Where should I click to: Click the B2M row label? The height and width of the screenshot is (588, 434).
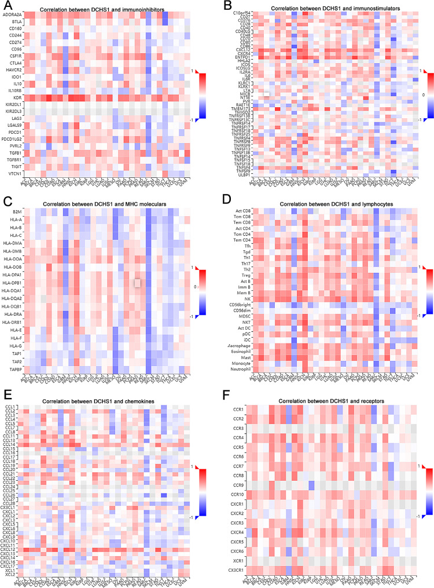point(17,212)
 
